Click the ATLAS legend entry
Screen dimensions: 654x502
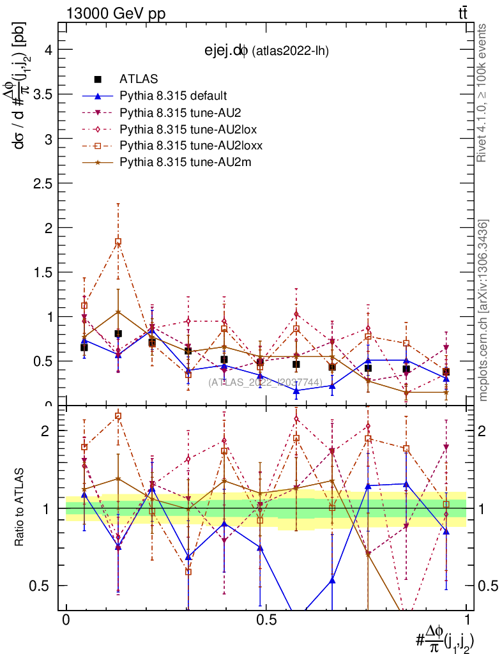pyautogui.click(x=139, y=79)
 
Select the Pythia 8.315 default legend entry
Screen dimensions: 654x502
pyautogui.click(x=172, y=96)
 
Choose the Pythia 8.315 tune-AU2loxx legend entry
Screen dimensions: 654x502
pyautogui.click(x=185, y=146)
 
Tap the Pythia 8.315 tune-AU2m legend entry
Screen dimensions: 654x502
pyautogui.click(x=176, y=162)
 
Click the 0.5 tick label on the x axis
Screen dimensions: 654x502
pyautogui.click(x=266, y=620)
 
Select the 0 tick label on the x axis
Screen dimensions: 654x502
pyautogui.click(x=66, y=620)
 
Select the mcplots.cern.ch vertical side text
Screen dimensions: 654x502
pyautogui.click(x=483, y=311)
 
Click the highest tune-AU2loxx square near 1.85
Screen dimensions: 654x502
pyautogui.click(x=118, y=241)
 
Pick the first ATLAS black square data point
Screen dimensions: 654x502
pyautogui.click(x=84, y=347)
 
